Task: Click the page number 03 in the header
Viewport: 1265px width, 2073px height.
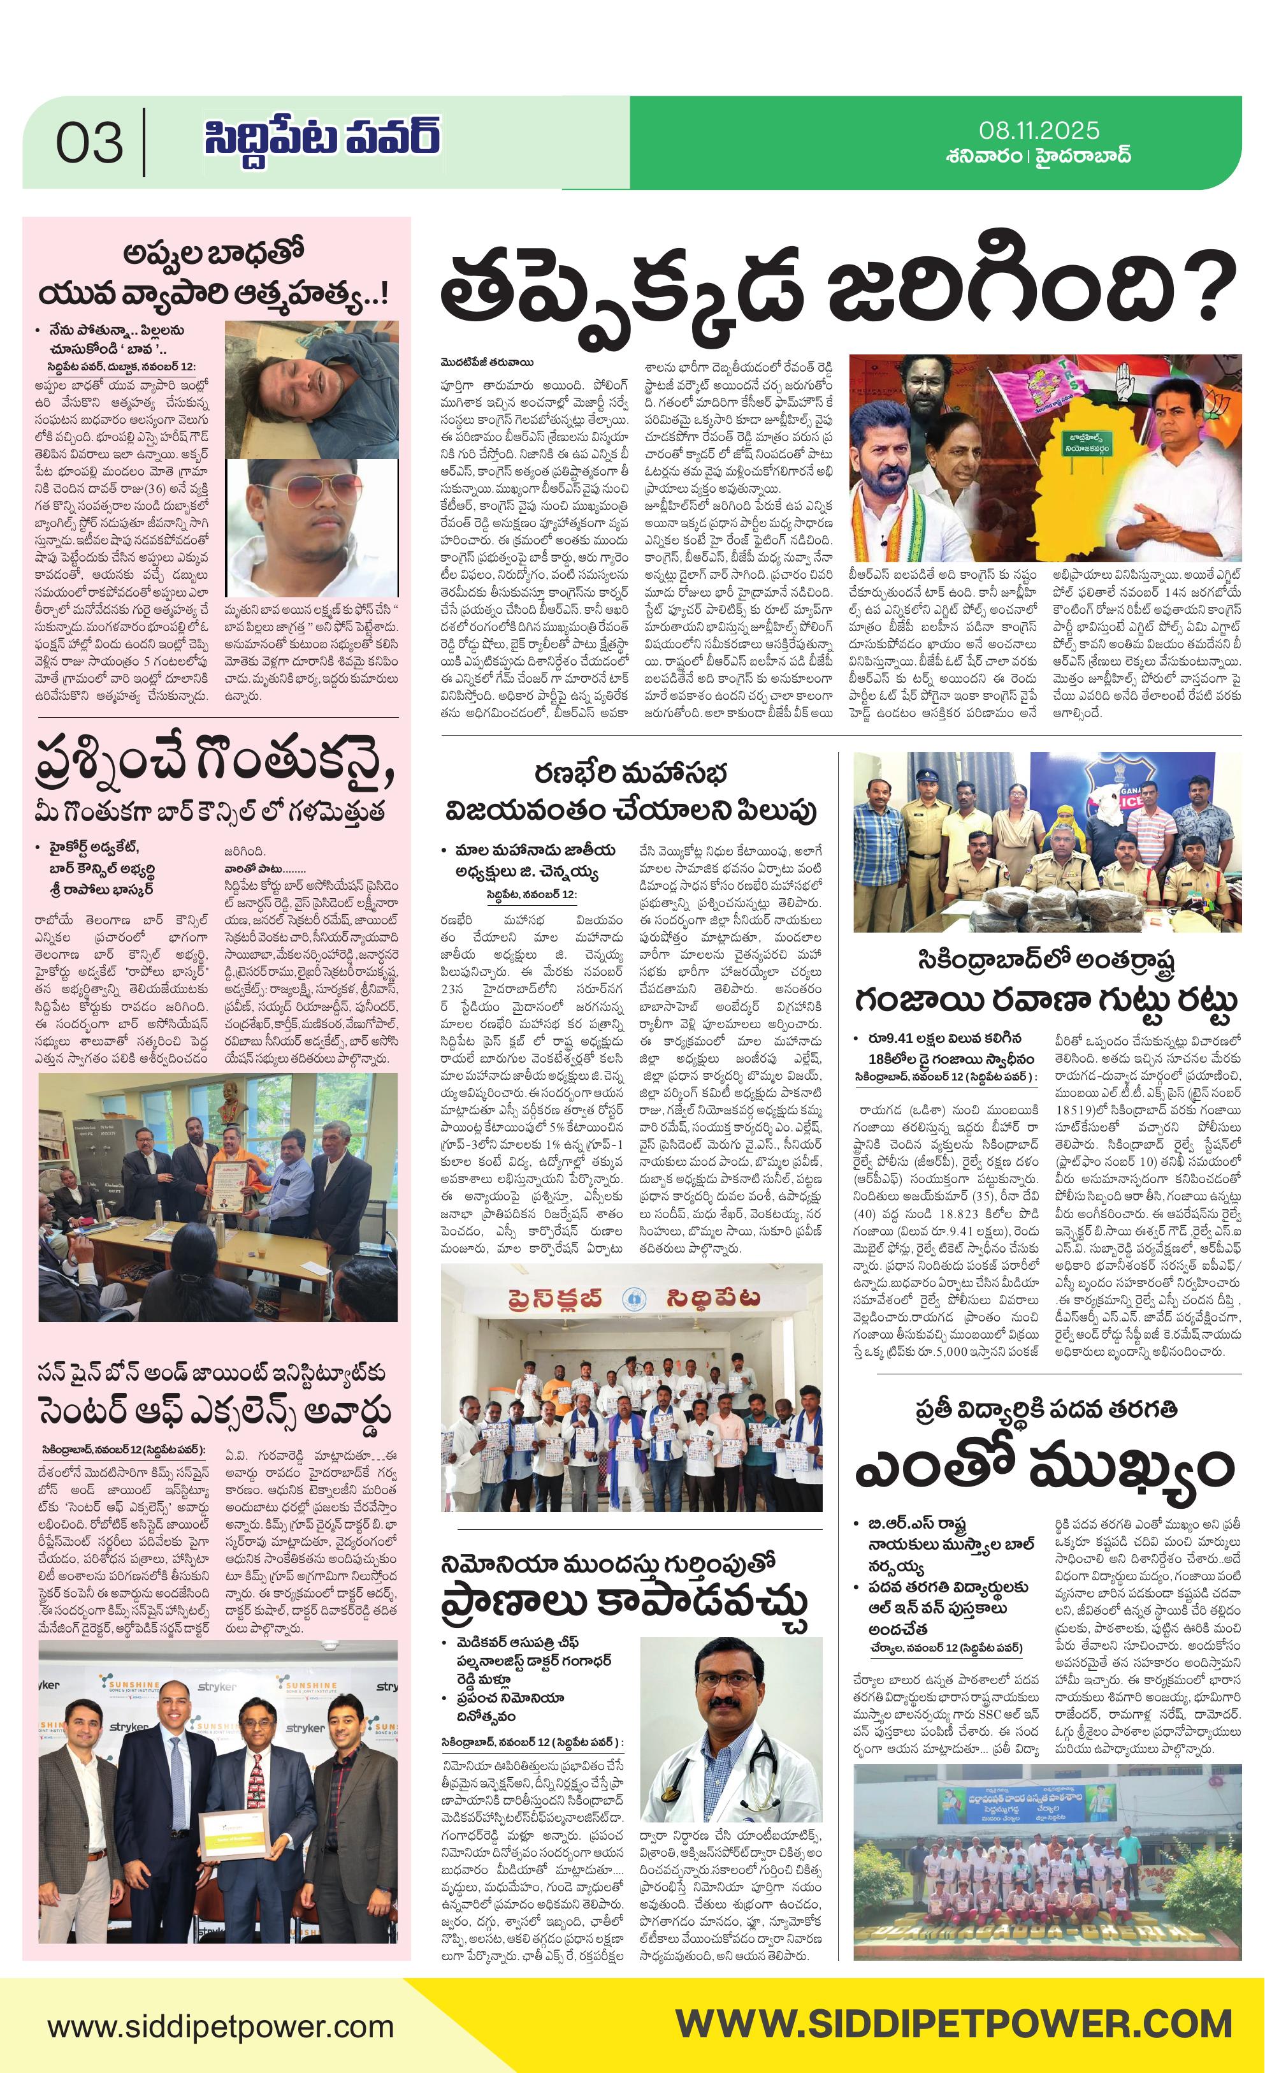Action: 89,142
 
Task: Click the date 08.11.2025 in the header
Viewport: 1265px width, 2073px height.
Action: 1039,131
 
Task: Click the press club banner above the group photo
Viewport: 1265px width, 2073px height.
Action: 631,1300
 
